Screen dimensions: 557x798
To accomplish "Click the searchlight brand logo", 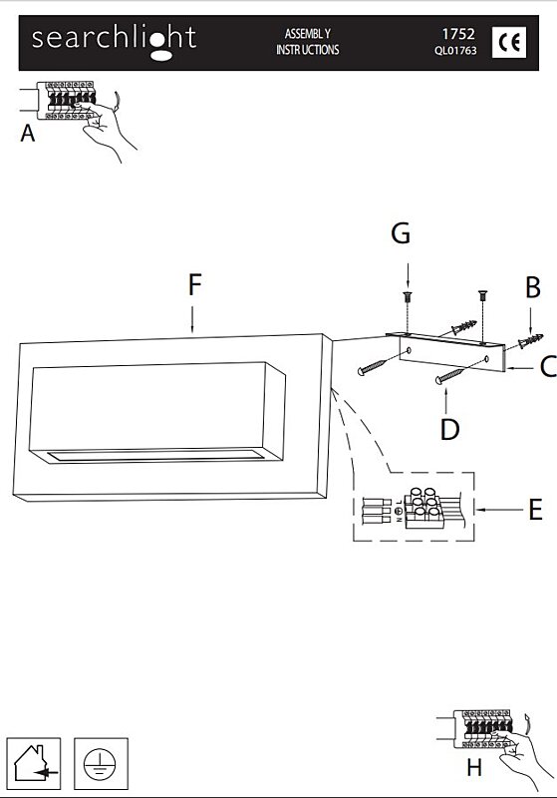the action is click(114, 42).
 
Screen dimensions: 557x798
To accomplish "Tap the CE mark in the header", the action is click(509, 42).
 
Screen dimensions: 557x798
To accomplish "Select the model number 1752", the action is click(458, 34).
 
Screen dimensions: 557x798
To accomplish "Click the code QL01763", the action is click(455, 51).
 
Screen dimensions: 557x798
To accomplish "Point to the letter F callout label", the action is click(194, 284).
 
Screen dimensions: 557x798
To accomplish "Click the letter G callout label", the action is click(401, 233).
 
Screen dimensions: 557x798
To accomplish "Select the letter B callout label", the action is click(533, 287).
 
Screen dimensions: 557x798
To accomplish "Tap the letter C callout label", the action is click(548, 366).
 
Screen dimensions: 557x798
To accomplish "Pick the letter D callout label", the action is click(449, 429).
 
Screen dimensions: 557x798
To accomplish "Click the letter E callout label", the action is click(536, 510).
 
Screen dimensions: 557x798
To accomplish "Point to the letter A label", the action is click(28, 134).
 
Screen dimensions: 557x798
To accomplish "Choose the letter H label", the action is click(474, 767).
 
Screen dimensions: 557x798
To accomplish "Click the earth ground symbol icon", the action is click(101, 764).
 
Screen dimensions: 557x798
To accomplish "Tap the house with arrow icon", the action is click(34, 764).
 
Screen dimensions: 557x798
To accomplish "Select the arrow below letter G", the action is click(408, 275).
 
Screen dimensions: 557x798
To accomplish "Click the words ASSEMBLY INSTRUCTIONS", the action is click(308, 42).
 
